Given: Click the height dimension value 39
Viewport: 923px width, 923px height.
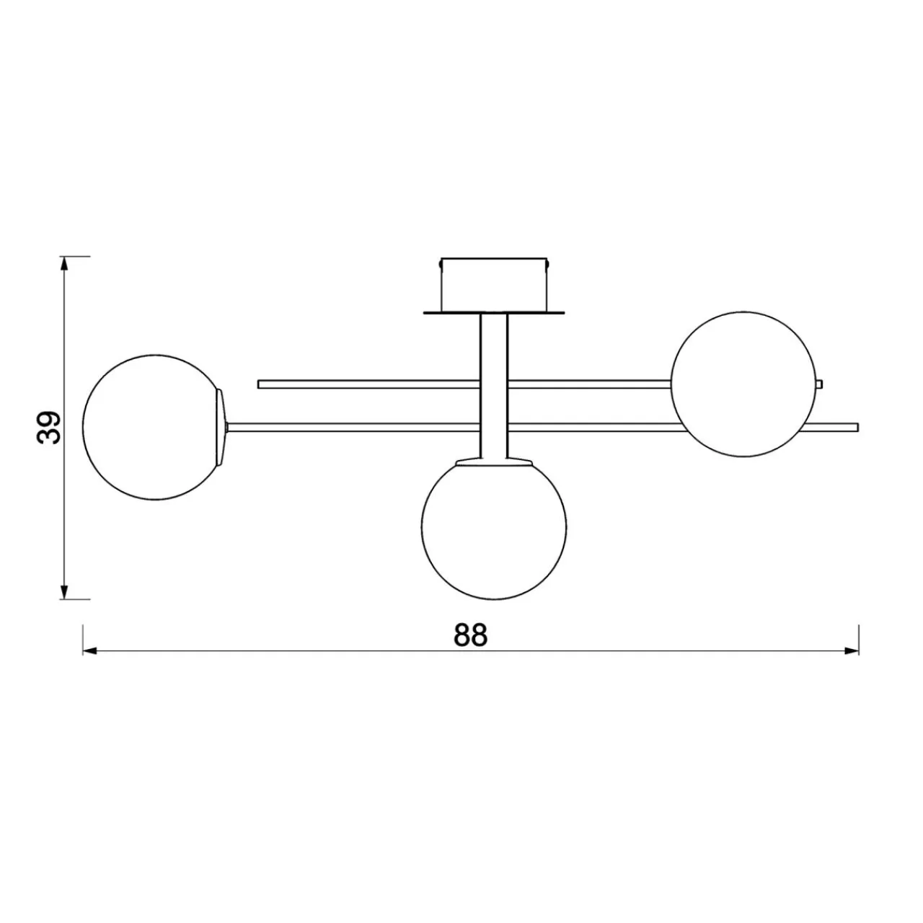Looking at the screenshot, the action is coord(48,428).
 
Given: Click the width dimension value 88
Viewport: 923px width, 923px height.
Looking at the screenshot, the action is coord(470,635).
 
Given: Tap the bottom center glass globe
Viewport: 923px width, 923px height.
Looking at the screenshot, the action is coord(494,527).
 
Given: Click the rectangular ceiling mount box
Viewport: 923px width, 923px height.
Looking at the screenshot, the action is coord(494,285).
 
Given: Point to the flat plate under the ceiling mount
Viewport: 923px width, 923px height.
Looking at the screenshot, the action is coord(494,313).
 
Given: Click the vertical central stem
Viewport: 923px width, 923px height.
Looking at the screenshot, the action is coord(494,387).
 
